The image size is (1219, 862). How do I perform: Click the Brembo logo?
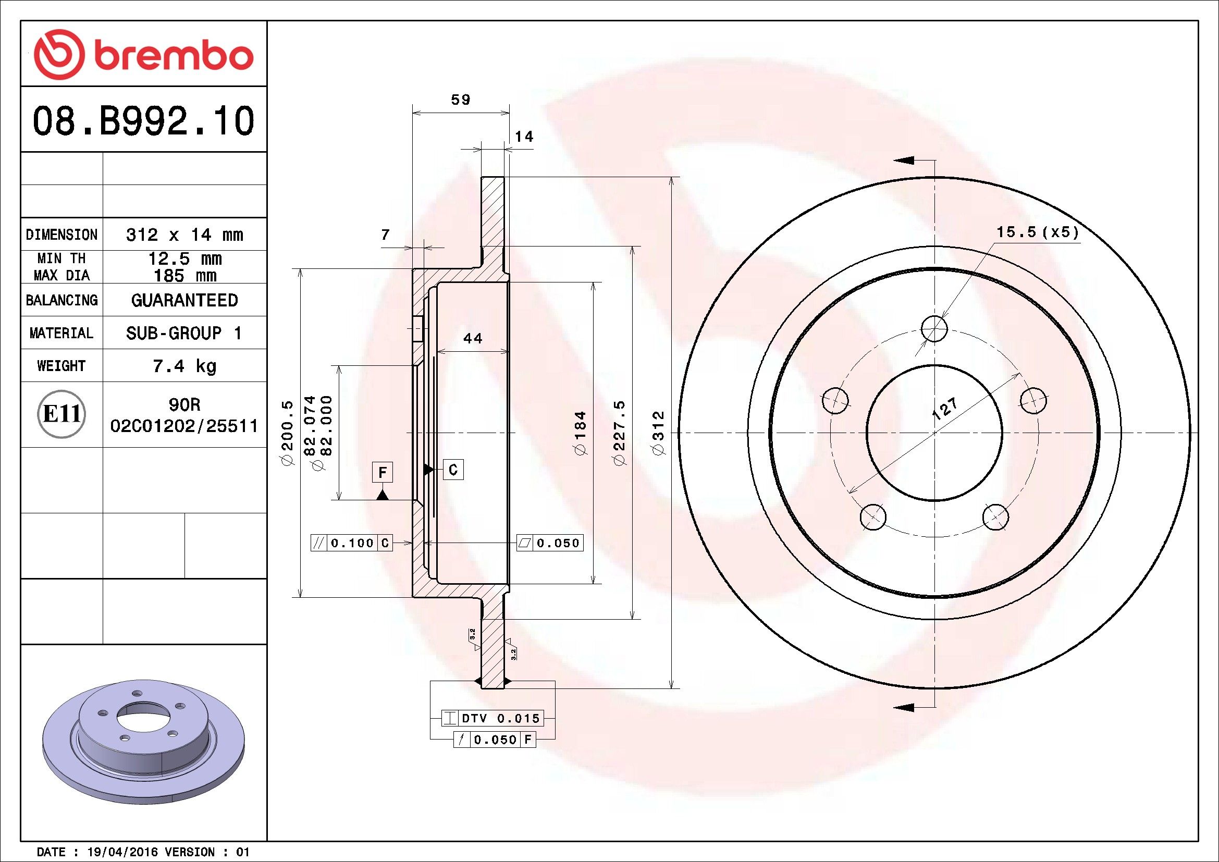coord(143,55)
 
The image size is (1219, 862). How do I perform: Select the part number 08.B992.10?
coord(143,120)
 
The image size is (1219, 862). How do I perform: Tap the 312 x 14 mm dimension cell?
coord(184,234)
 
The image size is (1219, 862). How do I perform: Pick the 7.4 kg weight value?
coord(184,366)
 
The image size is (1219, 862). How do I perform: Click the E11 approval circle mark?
coord(62,414)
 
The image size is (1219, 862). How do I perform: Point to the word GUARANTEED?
coord(184,300)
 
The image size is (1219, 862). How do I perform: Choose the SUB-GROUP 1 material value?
coord(183,333)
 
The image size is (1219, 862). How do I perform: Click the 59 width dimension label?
coord(460,99)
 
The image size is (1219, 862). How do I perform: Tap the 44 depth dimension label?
coord(473,338)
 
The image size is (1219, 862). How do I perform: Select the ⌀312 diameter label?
coord(658,433)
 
